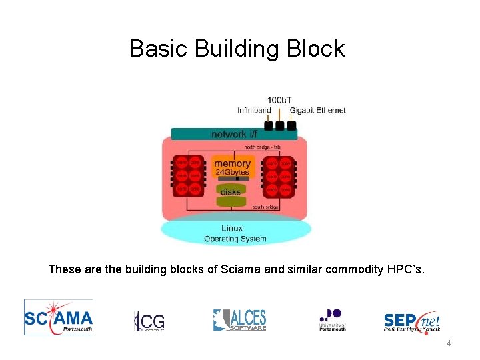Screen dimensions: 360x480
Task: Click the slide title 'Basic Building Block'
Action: tap(237, 49)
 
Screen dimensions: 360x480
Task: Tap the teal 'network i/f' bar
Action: tap(233, 134)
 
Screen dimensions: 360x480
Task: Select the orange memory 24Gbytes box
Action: tap(232, 167)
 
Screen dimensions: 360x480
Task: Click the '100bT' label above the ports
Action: tap(279, 100)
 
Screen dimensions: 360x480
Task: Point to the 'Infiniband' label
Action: tap(254, 110)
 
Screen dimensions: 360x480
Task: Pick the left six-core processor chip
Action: tap(188, 176)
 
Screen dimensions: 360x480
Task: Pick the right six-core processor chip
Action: tap(278, 176)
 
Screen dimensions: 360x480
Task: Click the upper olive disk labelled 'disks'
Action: tap(231, 191)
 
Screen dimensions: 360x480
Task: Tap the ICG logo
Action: tap(149, 321)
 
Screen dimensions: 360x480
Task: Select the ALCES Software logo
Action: tap(239, 320)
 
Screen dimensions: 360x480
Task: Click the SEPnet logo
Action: tap(411, 321)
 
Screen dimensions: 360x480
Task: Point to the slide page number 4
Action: tap(449, 343)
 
